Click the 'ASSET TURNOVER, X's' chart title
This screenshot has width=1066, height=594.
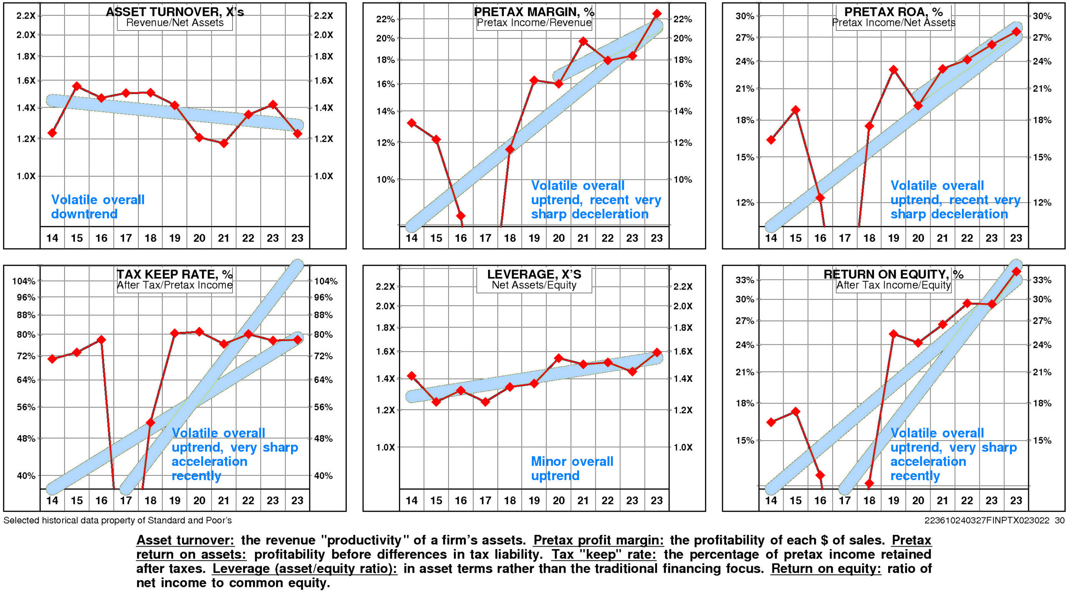[x=175, y=12]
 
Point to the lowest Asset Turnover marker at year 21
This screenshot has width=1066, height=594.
[x=224, y=144]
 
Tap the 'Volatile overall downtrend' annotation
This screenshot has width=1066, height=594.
[x=98, y=207]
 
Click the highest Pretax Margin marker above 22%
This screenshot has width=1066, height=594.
[x=657, y=14]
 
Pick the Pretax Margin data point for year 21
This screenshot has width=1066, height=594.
[x=583, y=41]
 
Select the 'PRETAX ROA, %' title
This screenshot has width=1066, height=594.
[x=893, y=12]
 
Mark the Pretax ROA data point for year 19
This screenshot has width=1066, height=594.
[x=893, y=69]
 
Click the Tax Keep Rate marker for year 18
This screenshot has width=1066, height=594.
[x=150, y=423]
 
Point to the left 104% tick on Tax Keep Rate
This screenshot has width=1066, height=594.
[x=24, y=281]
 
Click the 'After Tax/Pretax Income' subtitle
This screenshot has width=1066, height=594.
[x=174, y=285]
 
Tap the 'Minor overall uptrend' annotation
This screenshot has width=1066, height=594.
[x=572, y=468]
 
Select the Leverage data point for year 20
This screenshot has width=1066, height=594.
[x=559, y=358]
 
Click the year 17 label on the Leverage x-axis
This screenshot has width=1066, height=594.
[x=485, y=500]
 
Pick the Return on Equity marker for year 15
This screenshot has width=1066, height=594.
[x=795, y=412]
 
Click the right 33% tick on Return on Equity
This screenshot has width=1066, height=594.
[x=1042, y=280]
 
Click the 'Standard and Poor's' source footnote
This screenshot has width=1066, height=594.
[x=117, y=520]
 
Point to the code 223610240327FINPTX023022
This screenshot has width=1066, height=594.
[x=987, y=520]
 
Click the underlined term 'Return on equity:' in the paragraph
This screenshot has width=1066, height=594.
[x=826, y=568]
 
